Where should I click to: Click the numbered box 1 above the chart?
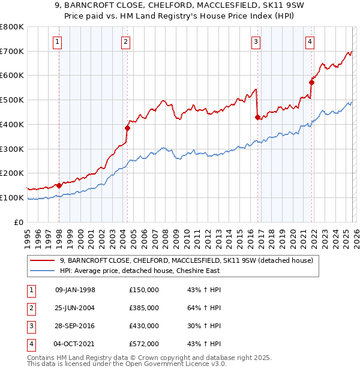pyautogui.click(x=57, y=41)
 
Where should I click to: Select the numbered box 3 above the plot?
pyautogui.click(x=256, y=41)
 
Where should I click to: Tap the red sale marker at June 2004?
pyautogui.click(x=128, y=127)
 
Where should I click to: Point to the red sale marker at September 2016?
pyautogui.click(x=257, y=117)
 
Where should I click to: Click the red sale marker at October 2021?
pyautogui.click(x=311, y=82)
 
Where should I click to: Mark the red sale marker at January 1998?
pyautogui.click(x=59, y=185)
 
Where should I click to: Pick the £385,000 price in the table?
pyautogui.click(x=143, y=308)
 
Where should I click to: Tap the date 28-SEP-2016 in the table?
pyautogui.click(x=75, y=326)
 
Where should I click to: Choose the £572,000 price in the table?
pyautogui.click(x=143, y=344)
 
